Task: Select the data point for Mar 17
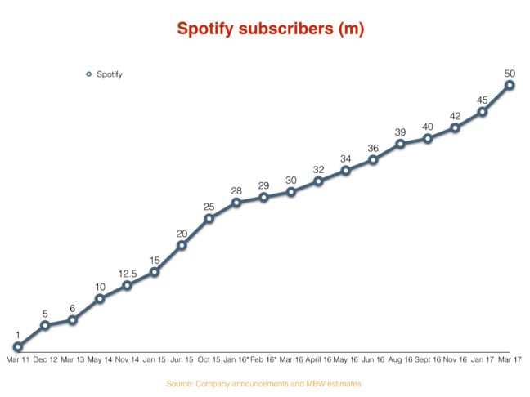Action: tap(510, 84)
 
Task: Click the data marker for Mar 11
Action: tap(18, 347)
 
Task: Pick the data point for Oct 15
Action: tap(209, 218)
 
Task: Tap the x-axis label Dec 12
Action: tap(44, 359)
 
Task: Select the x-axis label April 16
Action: tap(319, 359)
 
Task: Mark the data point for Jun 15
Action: tap(182, 245)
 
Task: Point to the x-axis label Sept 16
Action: tap(428, 359)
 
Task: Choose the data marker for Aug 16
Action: tap(401, 144)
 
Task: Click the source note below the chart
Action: tap(263, 383)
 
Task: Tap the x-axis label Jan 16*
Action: tap(236, 359)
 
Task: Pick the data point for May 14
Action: tap(100, 298)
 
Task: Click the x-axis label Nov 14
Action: tap(127, 359)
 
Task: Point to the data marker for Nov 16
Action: tap(456, 128)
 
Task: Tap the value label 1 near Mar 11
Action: tap(17, 335)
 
